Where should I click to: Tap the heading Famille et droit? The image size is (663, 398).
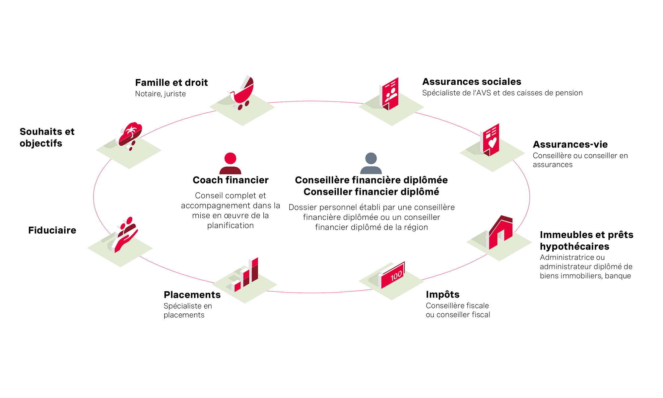pos(171,82)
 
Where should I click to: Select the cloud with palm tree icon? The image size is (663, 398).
pos(130,135)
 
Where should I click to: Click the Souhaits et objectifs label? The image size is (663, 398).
pos(47,137)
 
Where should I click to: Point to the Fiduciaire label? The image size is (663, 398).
pos(52,230)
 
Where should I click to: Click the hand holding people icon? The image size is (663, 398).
pos(125,234)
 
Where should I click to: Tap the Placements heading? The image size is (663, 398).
pos(192,294)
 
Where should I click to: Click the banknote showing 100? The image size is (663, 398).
pos(392,275)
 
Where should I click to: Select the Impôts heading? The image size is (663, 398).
pos(442,294)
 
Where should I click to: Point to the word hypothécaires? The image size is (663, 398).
pos(574,246)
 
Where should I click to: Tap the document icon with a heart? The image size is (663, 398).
pos(490,140)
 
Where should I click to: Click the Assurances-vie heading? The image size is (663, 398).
pos(570,144)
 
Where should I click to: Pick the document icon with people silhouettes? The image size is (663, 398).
pos(389,94)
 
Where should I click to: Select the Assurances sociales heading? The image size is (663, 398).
pos(472,82)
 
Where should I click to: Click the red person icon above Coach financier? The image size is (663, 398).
pos(230,163)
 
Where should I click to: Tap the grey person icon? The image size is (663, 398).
pos(371,163)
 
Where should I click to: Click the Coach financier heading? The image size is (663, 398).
pos(231,180)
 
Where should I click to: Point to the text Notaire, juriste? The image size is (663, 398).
pos(160,94)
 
